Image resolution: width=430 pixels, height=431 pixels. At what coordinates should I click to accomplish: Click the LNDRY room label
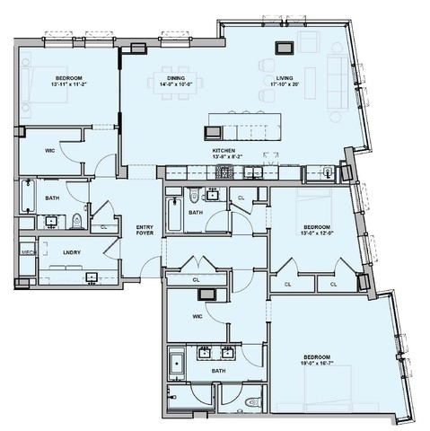(x=73, y=252)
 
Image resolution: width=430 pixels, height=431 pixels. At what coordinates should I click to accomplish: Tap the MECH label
(x=27, y=252)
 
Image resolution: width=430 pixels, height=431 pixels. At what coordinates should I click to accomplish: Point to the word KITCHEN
(x=223, y=150)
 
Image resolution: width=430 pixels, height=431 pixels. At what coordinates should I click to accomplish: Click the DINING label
(x=176, y=78)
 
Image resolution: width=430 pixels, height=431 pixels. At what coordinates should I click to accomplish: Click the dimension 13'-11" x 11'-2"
(x=67, y=84)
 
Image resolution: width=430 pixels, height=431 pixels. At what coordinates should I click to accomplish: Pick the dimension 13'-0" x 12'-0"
(x=317, y=233)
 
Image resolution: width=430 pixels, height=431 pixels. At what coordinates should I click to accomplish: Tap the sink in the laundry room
(x=92, y=276)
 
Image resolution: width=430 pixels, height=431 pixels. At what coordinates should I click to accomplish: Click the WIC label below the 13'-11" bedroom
(x=50, y=151)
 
